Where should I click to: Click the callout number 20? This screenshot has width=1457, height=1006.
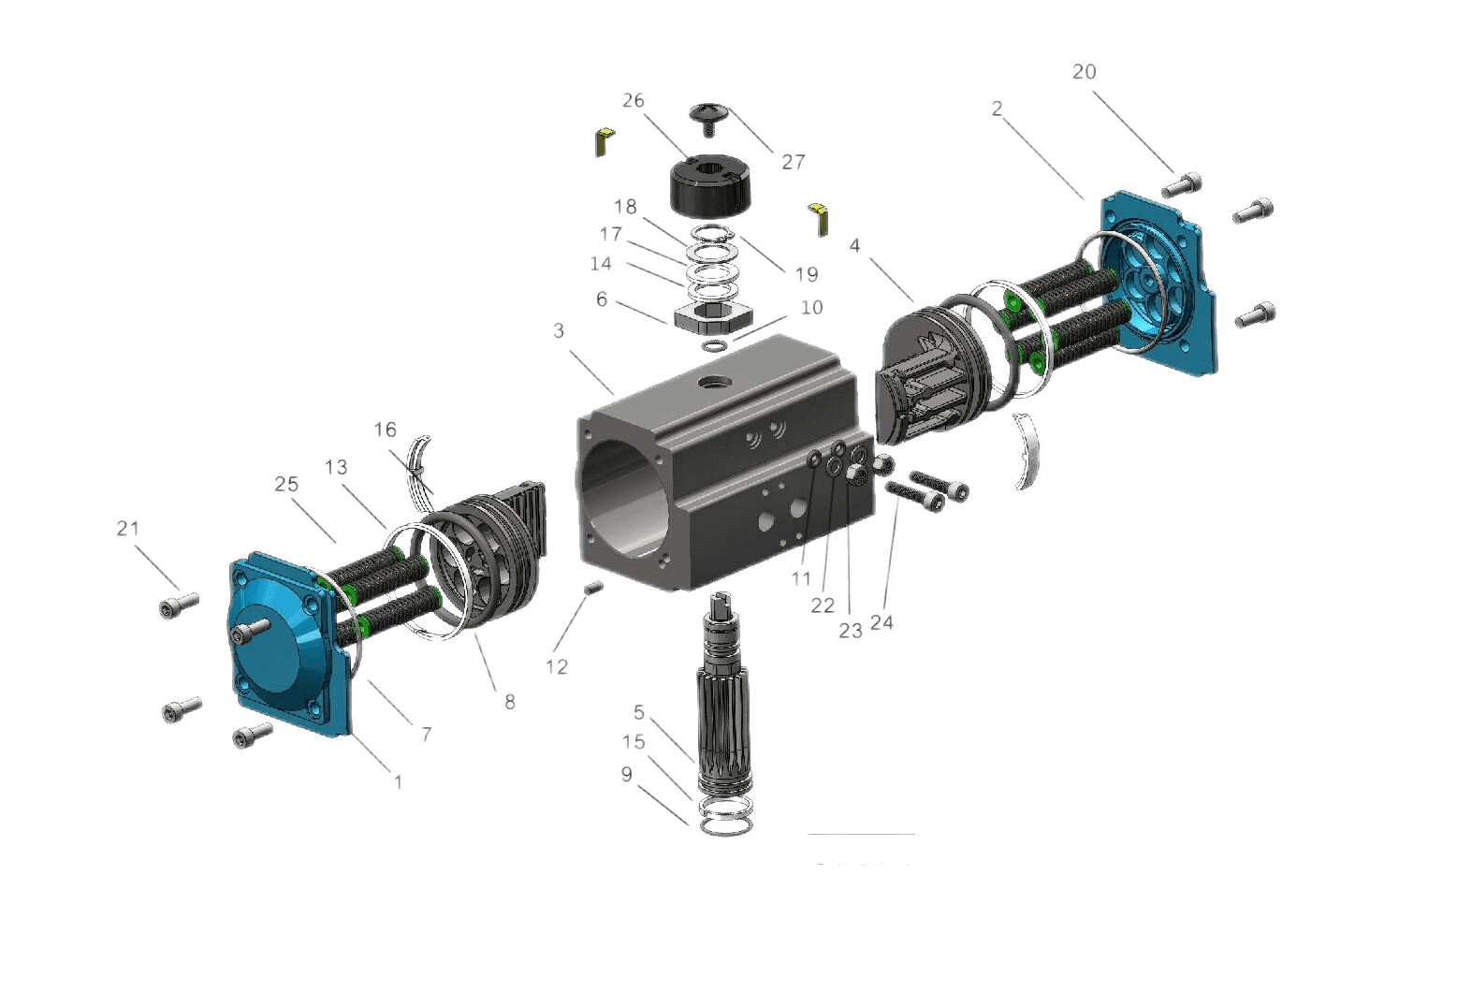coord(1084,72)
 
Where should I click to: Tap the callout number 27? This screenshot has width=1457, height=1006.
coord(793,162)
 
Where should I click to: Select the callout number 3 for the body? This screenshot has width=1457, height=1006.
coord(559,331)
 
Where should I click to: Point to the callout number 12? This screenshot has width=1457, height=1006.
coord(556,666)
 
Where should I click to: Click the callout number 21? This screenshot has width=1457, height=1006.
coord(127,529)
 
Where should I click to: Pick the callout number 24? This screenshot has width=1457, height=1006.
coord(881,623)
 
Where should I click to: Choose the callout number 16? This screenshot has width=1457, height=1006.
coord(385,430)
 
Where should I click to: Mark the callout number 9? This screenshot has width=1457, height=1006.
coord(626,775)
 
